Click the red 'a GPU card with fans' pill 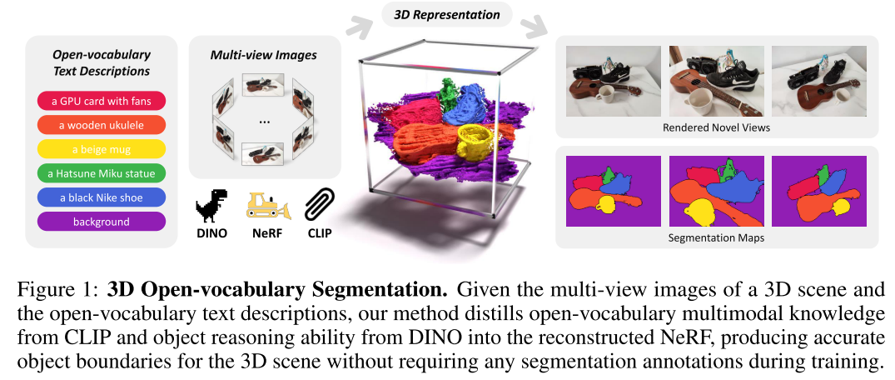(102, 102)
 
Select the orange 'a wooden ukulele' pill (102, 126)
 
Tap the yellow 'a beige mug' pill (102, 150)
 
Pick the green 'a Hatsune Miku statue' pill (102, 174)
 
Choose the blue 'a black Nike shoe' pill (102, 198)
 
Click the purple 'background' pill (102, 222)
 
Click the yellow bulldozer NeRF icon (266, 204)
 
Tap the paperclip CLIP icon (319, 205)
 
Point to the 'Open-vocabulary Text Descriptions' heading (102, 63)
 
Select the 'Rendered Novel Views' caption (716, 127)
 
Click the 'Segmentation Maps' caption (716, 237)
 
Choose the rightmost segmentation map (819, 191)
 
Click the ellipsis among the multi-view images (265, 122)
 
